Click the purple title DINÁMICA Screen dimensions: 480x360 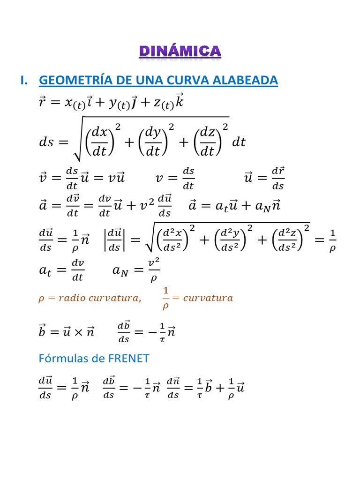180,52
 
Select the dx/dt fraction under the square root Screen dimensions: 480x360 99,142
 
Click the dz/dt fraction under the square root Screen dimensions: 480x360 208,142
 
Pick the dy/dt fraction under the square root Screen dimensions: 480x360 153,142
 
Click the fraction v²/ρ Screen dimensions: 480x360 154,270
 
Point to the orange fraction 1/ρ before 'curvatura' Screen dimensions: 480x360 165,299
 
